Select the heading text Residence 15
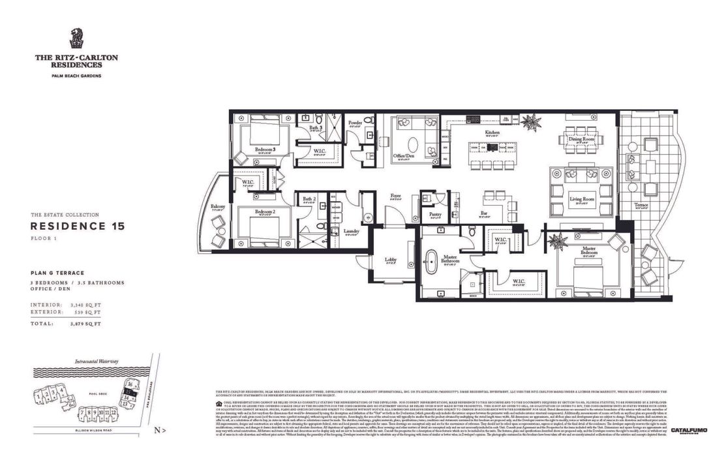78,227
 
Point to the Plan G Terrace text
57,273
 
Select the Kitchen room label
491,133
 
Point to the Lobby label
390,260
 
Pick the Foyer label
396,195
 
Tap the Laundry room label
351,230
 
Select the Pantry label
432,213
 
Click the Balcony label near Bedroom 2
217,208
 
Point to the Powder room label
355,122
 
